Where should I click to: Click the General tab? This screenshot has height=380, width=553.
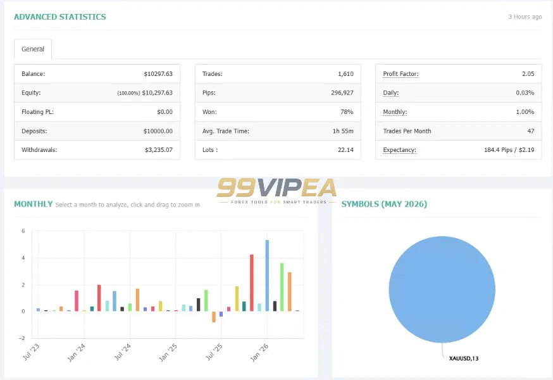33,49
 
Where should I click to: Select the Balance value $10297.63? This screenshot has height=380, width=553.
158,74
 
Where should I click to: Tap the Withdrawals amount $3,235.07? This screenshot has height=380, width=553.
159,149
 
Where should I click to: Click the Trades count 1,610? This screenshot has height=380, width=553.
345,74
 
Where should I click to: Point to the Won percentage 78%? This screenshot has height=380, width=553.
347,111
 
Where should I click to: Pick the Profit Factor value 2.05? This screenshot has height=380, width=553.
528,74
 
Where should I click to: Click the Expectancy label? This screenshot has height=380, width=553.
400,149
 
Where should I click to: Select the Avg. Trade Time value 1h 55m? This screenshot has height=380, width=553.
343,131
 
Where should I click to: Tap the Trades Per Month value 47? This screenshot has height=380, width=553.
531,131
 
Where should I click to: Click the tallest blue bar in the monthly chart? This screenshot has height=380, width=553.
267,275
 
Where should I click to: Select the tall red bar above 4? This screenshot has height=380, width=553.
252,282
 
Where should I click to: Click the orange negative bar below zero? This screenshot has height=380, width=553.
214,317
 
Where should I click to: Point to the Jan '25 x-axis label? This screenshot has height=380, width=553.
168,353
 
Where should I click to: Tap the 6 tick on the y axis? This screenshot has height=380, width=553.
23,231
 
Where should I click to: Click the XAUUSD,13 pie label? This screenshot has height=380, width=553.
463,358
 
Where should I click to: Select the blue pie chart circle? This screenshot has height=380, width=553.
442,289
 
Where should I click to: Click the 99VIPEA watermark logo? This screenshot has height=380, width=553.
276,191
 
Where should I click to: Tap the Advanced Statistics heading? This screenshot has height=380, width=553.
60,17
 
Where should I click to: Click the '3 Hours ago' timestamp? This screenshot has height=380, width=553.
525,16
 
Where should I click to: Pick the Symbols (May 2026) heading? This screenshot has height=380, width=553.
384,204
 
